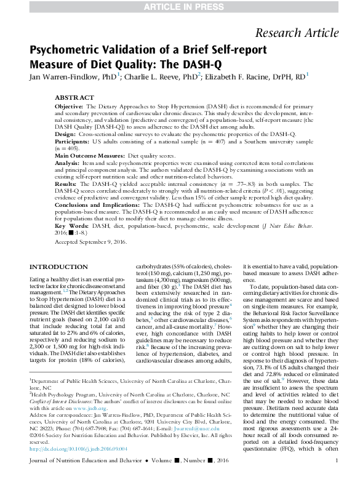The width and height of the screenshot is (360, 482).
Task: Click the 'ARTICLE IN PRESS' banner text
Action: (x=179, y=6)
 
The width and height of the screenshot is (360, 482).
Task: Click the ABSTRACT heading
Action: (x=74, y=98)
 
